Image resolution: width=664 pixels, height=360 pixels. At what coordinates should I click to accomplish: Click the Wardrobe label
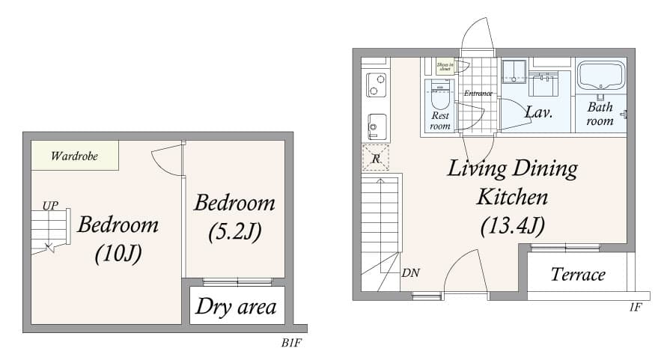74,156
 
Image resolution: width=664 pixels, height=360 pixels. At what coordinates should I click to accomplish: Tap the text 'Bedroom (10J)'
118,239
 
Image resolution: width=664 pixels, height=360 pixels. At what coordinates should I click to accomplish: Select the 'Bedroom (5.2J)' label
234,217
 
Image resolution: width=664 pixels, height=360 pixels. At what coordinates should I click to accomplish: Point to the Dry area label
236,306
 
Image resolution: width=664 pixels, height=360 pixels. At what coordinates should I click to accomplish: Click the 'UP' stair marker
50,204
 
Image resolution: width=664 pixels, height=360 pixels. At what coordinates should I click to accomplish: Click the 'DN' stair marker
410,272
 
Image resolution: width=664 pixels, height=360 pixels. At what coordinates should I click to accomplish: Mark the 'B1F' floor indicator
292,343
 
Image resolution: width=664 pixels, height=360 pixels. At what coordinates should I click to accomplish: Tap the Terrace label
578,275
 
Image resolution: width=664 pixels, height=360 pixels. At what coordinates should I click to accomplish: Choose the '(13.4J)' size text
512,225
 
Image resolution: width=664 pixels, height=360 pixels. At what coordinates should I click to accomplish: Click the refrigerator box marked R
376,158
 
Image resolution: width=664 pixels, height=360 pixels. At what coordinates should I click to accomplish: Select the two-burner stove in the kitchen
376,85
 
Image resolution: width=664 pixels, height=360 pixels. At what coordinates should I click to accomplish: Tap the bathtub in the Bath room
600,76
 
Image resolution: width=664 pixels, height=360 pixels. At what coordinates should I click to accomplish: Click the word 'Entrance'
478,94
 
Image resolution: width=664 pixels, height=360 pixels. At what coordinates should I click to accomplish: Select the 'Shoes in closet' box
445,66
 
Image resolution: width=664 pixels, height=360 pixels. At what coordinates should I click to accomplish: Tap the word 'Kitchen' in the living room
512,197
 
